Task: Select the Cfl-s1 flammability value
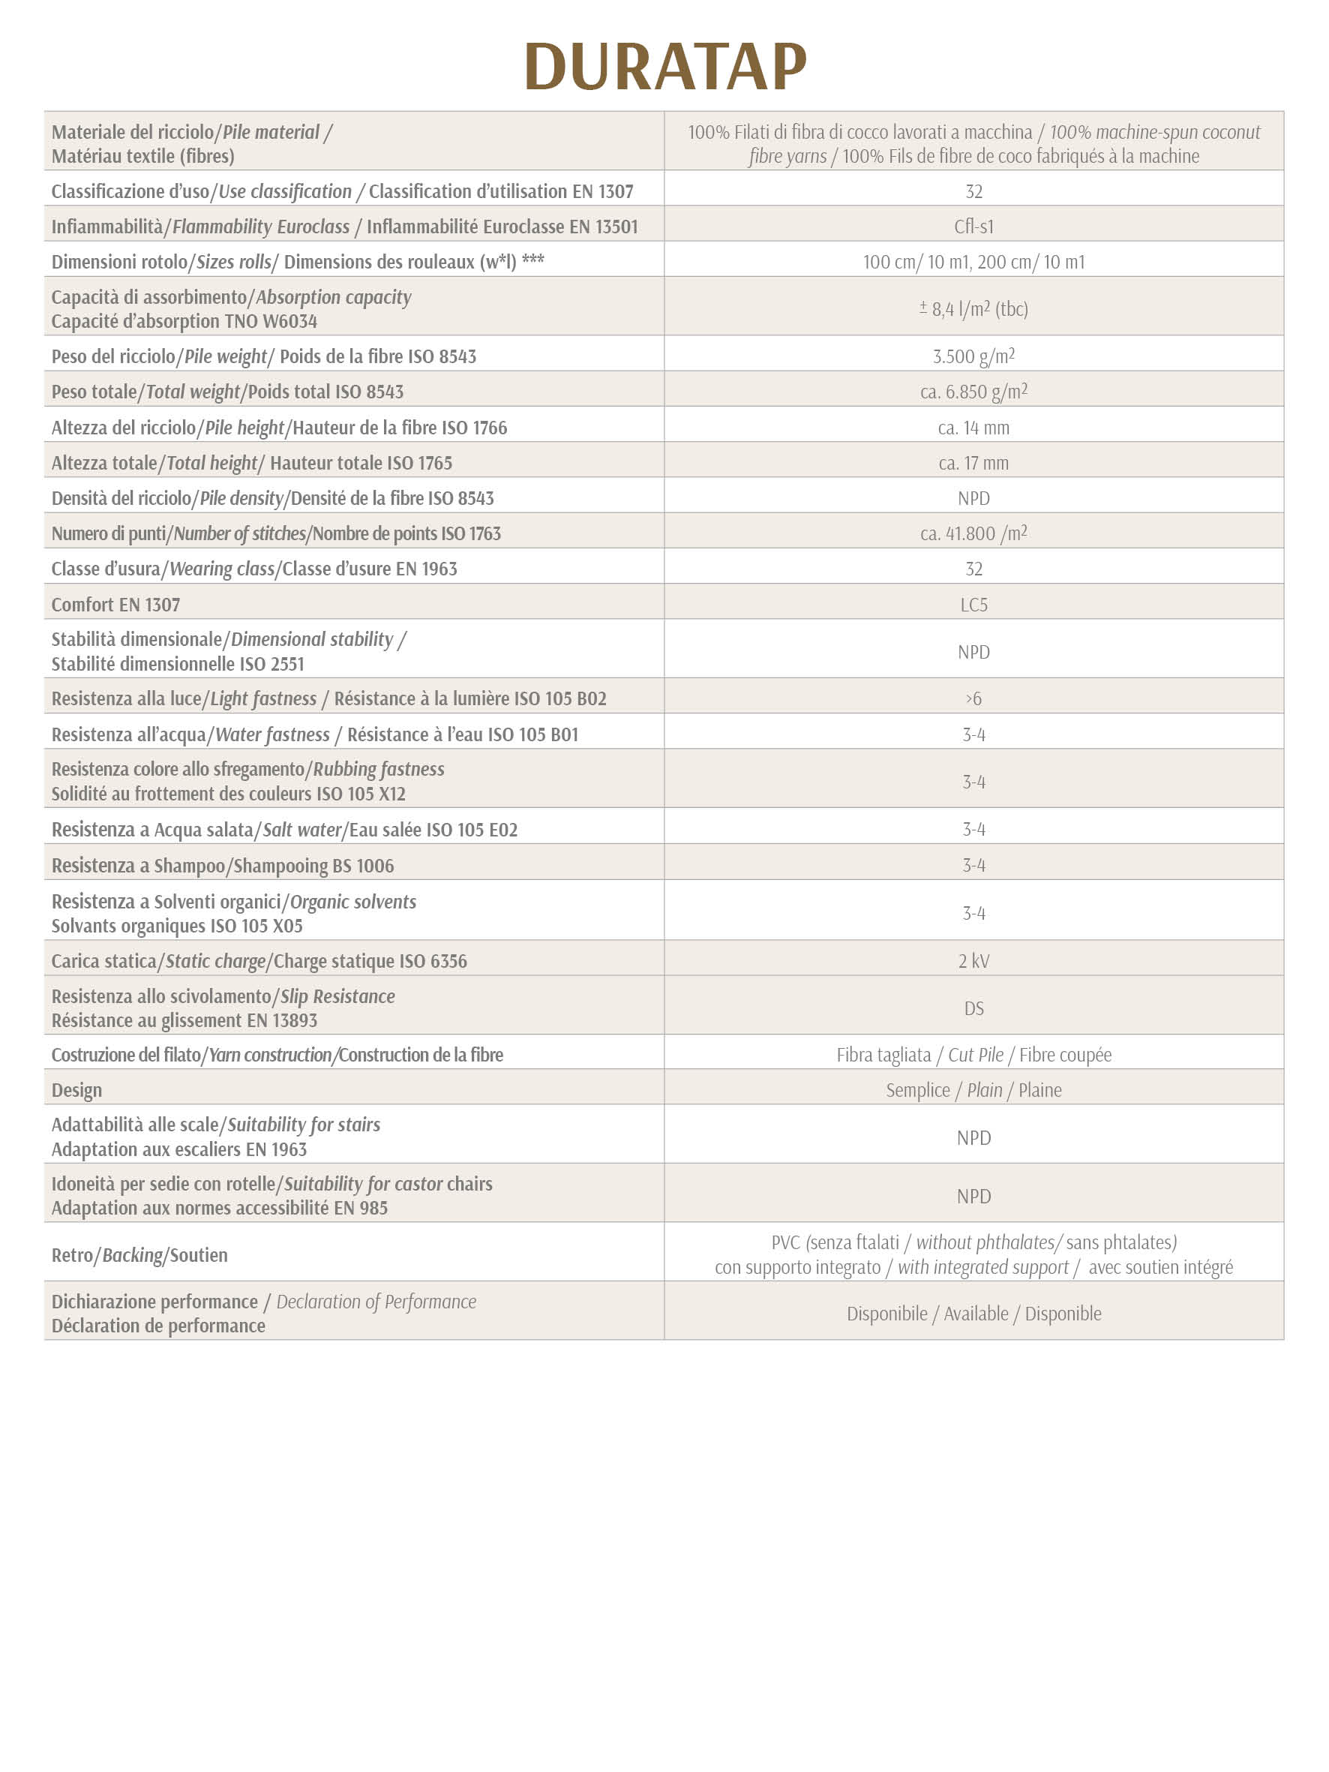[x=973, y=227]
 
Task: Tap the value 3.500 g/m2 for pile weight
[x=973, y=356]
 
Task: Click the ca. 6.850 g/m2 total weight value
[x=973, y=392]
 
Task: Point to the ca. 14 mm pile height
[x=973, y=428]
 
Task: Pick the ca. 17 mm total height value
[x=973, y=463]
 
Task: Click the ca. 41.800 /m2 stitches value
[x=973, y=533]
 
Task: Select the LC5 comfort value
[x=973, y=605]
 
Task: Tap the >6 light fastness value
[x=973, y=698]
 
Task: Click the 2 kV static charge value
[x=973, y=961]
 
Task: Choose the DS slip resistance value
[x=973, y=1008]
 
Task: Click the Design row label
[x=77, y=1090]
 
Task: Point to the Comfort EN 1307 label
[x=115, y=605]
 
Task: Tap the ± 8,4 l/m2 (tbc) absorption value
[x=973, y=308]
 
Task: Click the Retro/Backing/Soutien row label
[x=139, y=1255]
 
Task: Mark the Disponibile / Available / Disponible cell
[x=973, y=1314]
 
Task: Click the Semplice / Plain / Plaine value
[x=973, y=1090]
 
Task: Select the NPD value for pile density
[x=973, y=498]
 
